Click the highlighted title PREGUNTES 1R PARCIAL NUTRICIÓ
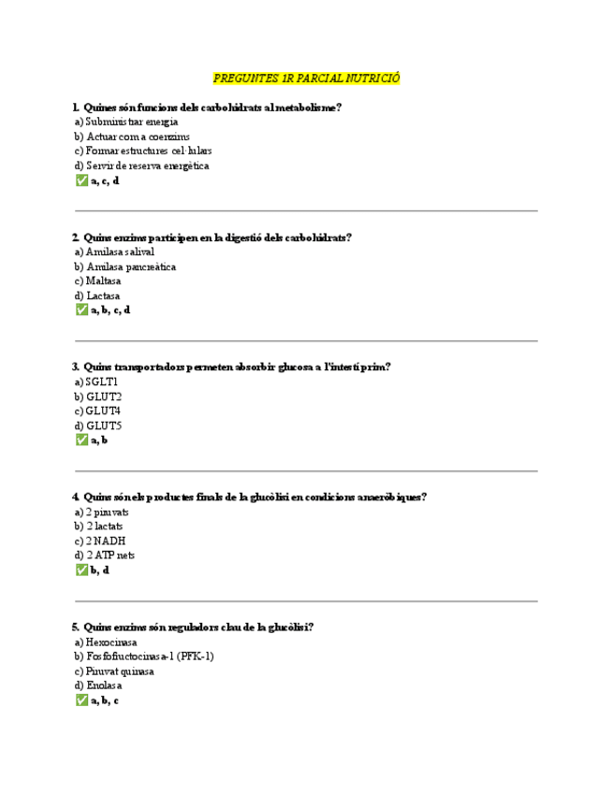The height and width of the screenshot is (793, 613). click(x=306, y=79)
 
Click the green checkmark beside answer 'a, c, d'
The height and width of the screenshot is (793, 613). click(x=80, y=180)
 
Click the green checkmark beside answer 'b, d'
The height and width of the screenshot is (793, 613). click(x=80, y=570)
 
